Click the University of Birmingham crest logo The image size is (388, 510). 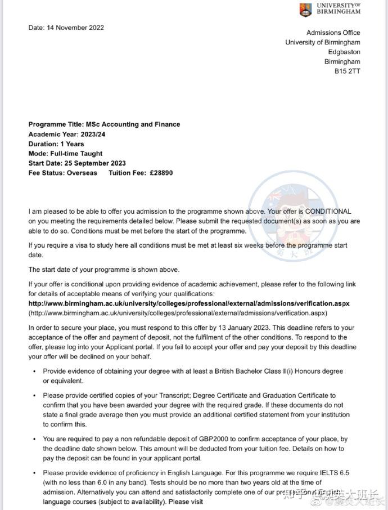[305, 9]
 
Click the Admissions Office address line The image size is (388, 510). [333, 33]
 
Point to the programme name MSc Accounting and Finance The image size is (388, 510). [133, 124]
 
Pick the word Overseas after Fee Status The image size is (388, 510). [82, 173]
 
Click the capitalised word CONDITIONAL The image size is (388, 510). [321, 212]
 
